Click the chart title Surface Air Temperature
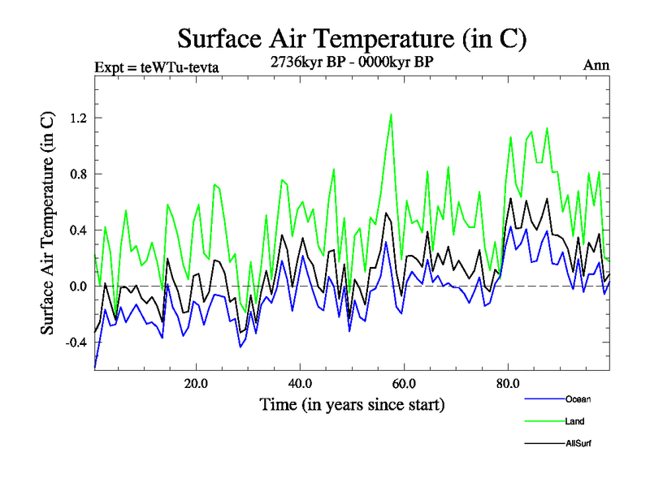point(352,38)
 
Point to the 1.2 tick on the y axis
point(77,118)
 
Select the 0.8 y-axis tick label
point(77,174)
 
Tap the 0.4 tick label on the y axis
point(77,230)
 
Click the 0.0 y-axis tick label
point(77,286)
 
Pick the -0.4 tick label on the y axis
point(75,342)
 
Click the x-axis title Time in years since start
point(352,404)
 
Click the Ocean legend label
point(578,399)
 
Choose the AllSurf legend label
point(578,444)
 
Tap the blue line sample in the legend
point(544,399)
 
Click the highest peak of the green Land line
point(391,114)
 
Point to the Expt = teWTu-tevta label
point(157,67)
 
